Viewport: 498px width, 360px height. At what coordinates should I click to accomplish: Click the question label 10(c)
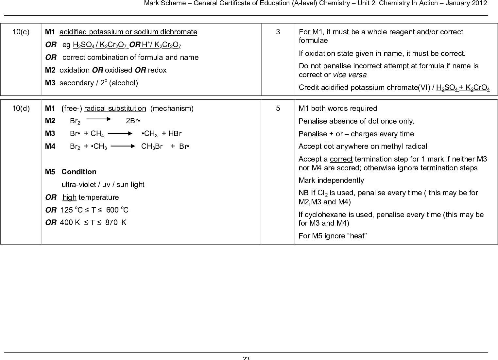tap(21, 32)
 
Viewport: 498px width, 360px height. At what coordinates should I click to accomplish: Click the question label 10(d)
tap(21, 109)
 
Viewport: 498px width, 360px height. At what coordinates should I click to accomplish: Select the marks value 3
tap(278, 32)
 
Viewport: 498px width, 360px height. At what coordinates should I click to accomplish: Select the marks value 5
tap(278, 109)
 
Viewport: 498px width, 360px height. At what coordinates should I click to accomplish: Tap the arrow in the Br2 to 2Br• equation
tap(99, 120)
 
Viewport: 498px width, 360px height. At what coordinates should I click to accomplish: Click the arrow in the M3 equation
tap(120, 133)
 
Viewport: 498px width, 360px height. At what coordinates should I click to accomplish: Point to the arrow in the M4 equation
tap(123, 146)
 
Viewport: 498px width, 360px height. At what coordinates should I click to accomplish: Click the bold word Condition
tap(79, 172)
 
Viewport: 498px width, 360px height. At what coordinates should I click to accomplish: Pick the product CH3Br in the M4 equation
tap(152, 146)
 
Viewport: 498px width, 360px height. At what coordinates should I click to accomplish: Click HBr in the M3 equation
tap(175, 134)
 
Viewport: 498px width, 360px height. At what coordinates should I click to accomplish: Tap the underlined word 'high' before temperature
tap(69, 197)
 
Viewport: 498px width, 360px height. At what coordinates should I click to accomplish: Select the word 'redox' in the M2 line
tap(157, 70)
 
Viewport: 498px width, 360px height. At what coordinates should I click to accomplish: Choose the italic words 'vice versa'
tap(350, 75)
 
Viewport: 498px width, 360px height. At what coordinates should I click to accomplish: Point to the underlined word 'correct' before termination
tap(341, 159)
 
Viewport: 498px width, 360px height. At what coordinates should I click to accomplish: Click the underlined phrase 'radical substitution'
tap(115, 109)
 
